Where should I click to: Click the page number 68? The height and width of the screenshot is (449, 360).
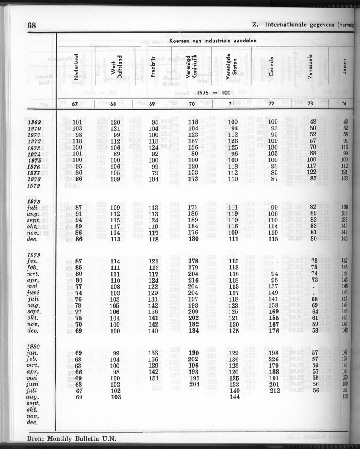(31, 25)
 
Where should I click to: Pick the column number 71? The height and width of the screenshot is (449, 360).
(231, 103)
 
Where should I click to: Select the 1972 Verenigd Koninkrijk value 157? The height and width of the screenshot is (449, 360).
(193, 141)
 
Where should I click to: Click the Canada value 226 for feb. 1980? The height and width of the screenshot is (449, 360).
(273, 360)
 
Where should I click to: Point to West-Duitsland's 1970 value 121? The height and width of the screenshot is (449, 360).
(115, 128)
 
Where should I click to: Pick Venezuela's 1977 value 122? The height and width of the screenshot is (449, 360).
(311, 172)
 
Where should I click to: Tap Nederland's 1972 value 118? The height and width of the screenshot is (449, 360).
(77, 141)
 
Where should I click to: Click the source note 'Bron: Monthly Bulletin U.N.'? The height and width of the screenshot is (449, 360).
(71, 439)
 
